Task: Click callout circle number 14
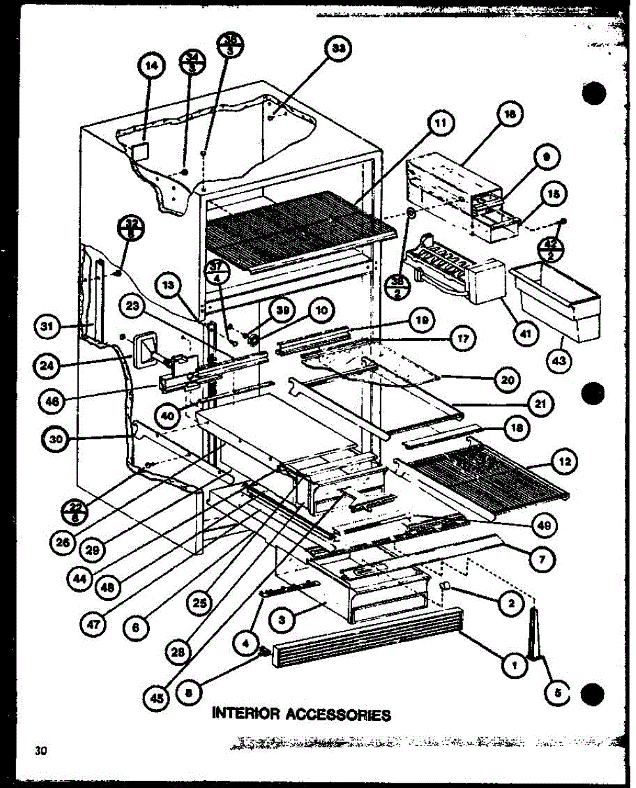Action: coord(150,66)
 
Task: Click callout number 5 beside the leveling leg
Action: coord(556,691)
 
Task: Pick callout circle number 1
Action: coord(514,667)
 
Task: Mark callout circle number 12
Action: coord(564,462)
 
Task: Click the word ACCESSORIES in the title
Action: coord(337,714)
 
